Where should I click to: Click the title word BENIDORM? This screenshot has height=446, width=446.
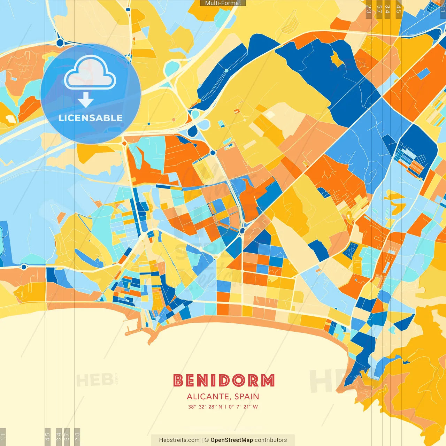point(224,380)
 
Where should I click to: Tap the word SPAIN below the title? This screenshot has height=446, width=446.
point(247,397)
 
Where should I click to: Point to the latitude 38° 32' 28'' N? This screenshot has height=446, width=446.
point(205,407)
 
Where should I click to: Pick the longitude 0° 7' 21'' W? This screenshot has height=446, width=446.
point(243,407)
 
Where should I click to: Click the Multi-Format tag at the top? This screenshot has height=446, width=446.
point(223,3)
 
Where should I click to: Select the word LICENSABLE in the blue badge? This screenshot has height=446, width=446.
point(91,118)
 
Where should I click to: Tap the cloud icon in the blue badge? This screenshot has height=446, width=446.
point(90,74)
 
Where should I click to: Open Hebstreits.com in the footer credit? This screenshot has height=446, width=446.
point(179,440)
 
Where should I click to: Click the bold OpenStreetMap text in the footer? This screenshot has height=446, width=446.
point(232,440)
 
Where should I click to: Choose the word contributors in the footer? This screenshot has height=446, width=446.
point(271,440)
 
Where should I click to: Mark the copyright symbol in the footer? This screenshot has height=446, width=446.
point(206,440)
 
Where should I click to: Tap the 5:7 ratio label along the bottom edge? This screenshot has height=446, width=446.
point(67,436)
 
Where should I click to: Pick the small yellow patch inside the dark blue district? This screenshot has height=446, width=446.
point(337,59)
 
